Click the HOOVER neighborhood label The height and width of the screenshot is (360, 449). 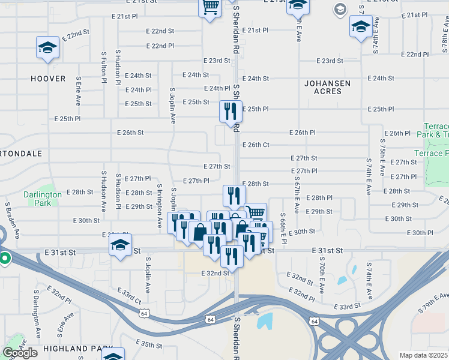49,79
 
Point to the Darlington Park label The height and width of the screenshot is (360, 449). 42,199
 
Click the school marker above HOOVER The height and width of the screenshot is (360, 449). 47,48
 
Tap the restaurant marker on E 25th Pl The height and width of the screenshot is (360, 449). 231,112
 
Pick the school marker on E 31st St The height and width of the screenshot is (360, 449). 120,245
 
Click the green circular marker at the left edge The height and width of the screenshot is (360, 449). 5,259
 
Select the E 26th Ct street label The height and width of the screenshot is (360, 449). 255,145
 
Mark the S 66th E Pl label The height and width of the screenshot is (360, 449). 284,228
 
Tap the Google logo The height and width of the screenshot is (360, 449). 20,353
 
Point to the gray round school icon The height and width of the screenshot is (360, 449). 340,9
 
